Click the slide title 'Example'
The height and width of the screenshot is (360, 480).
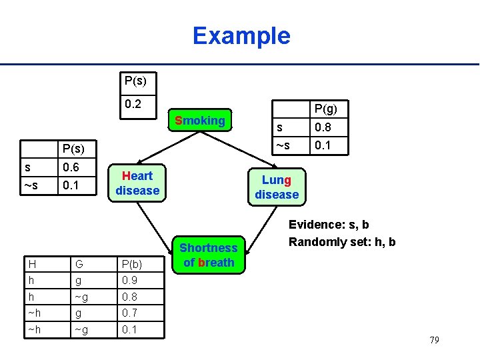241,35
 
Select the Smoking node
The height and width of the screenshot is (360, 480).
199,121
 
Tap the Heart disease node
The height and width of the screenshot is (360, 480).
137,183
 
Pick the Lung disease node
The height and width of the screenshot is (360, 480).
276,187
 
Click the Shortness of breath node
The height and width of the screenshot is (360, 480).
209,255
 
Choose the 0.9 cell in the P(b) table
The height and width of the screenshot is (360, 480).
130,281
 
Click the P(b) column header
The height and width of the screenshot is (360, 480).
131,265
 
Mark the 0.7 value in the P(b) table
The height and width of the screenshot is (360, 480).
130,313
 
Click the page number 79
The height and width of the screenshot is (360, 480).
434,341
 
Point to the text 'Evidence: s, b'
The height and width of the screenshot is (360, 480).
329,225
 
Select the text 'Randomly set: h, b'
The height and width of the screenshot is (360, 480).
342,242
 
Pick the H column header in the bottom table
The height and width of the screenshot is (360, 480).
32,265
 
